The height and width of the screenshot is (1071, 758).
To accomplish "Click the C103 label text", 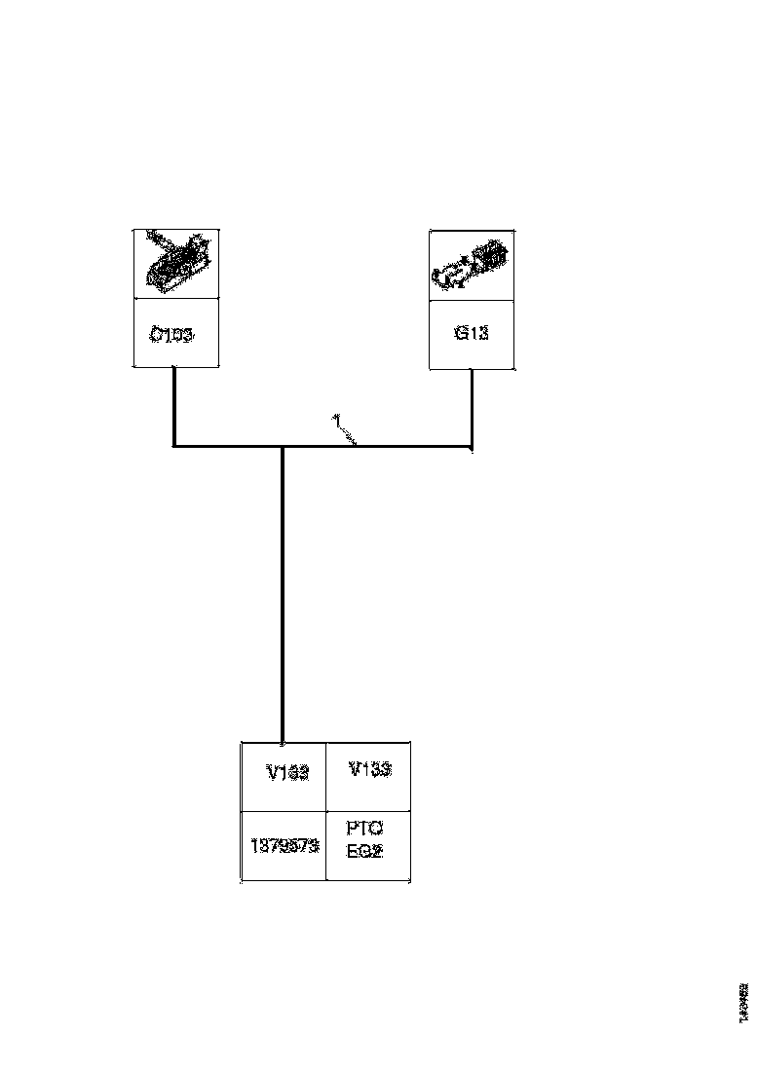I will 171,334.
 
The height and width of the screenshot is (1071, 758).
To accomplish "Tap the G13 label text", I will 472,333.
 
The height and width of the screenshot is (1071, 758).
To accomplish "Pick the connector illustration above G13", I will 472,264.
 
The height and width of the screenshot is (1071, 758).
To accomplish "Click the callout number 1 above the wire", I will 334,420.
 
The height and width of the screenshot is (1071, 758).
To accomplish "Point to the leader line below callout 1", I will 347,435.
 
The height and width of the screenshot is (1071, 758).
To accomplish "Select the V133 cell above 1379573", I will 287,773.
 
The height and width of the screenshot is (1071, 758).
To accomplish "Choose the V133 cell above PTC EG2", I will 369,769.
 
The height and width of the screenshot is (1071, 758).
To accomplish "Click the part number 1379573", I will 284,845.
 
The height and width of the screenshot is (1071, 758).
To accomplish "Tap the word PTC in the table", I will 364,829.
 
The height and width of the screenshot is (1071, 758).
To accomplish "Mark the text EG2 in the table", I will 364,849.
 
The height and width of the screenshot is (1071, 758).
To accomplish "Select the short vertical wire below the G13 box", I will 472,407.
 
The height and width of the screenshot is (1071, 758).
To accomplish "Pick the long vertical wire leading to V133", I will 283,594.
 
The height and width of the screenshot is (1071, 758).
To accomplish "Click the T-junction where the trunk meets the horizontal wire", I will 283,447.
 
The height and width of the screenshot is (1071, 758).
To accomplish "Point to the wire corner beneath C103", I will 173,447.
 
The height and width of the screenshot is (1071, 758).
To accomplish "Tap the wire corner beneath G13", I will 472,448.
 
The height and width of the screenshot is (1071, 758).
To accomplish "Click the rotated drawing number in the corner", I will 743,1003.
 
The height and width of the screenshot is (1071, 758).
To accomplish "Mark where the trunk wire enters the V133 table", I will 283,741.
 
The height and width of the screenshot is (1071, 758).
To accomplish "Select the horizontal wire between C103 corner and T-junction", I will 228,447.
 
